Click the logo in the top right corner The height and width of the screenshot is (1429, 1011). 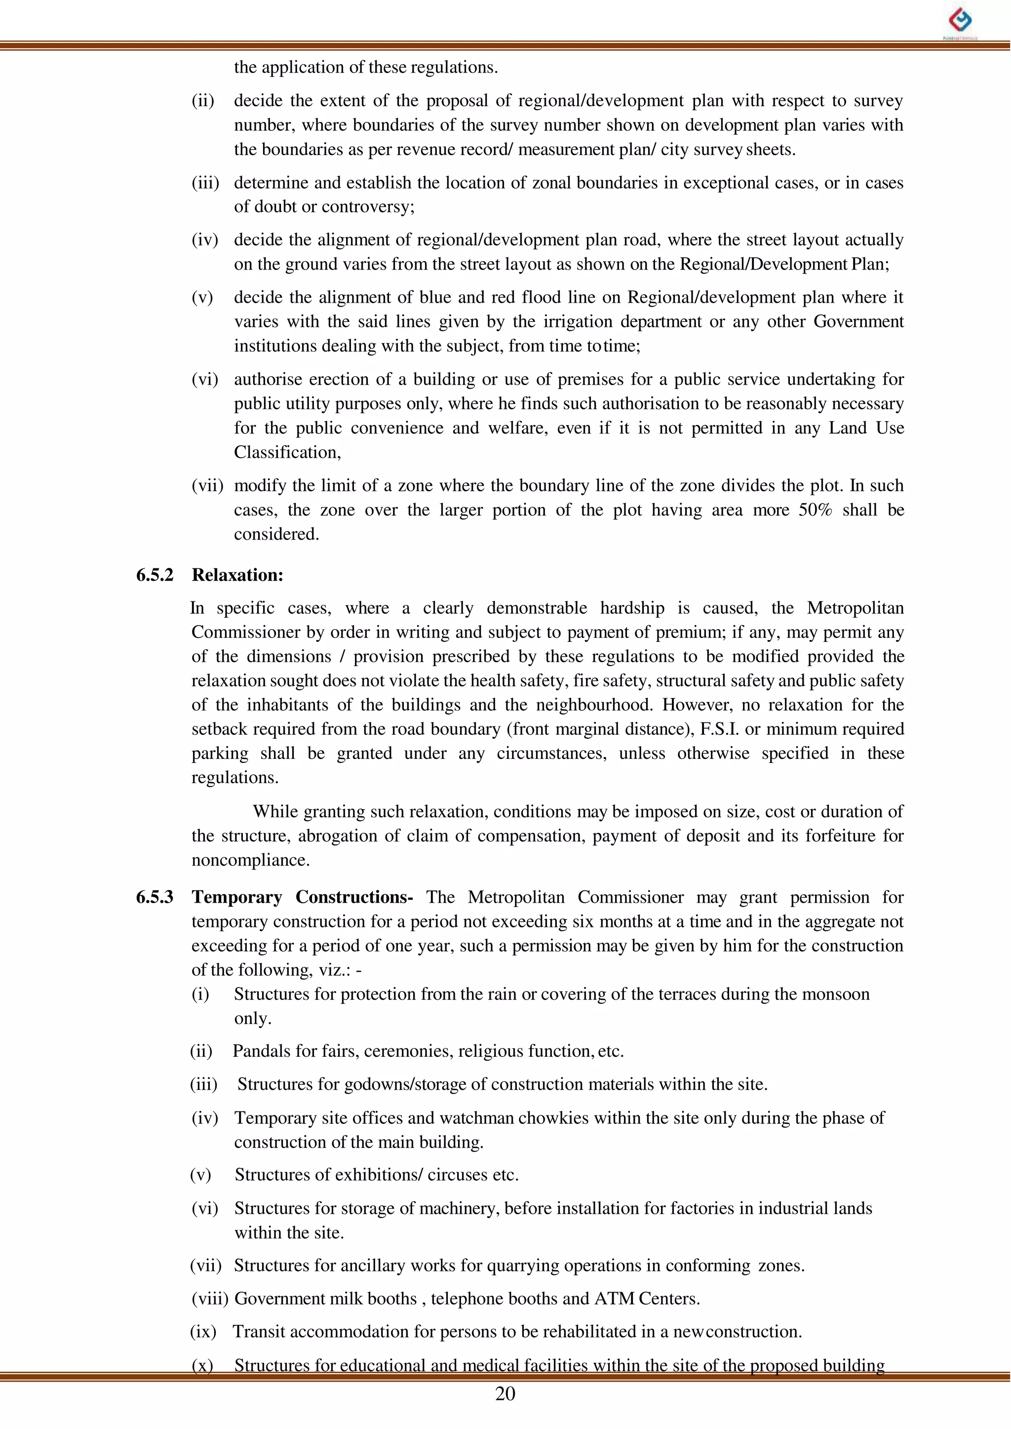point(960,22)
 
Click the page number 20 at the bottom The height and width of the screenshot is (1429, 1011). point(505,1393)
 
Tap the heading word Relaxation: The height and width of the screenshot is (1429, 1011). point(237,575)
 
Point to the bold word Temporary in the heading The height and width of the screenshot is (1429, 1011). point(236,897)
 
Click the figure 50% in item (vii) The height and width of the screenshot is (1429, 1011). point(815,510)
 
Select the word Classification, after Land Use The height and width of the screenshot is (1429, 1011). point(287,453)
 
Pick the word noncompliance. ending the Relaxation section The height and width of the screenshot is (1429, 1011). point(250,861)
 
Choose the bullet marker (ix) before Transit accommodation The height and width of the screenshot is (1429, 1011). point(203,1332)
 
